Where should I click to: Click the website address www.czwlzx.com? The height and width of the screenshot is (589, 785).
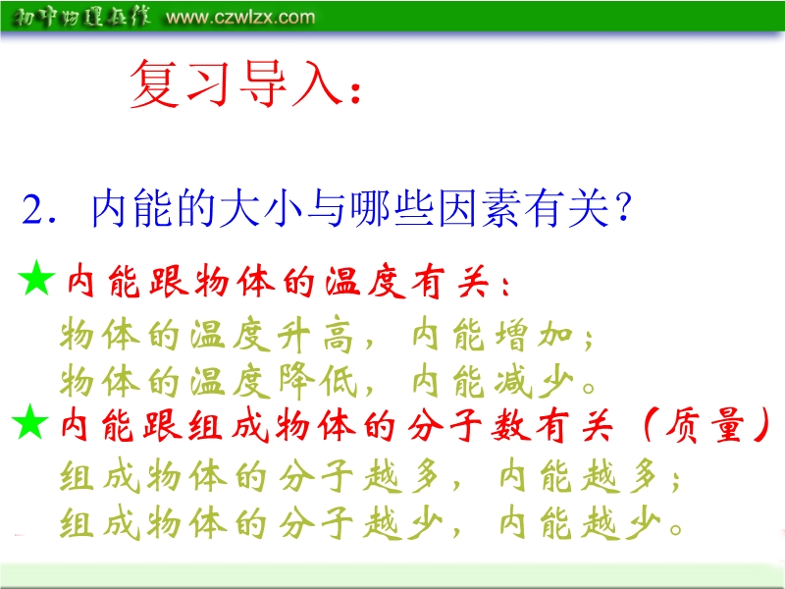click(x=240, y=18)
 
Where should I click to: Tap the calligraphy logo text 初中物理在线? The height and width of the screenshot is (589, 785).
click(x=81, y=18)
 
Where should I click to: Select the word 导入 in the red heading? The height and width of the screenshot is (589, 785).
click(x=290, y=83)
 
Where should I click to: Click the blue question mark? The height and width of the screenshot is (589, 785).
click(x=623, y=208)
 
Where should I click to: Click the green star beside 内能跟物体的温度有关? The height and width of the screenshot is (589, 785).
click(x=36, y=278)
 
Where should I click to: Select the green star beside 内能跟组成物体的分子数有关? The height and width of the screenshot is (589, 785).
click(x=30, y=422)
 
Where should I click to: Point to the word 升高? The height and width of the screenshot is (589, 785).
click(x=315, y=335)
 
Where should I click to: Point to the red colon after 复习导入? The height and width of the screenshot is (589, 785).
click(x=356, y=92)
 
